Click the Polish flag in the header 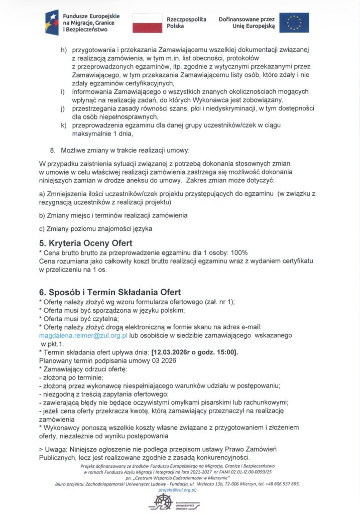pos(146,22)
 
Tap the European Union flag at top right pos(294,23)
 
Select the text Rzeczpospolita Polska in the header pos(186,22)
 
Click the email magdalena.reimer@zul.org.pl pos(84,334)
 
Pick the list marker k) pos(63,125)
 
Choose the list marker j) pos(63,108)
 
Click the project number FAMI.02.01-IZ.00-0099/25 pos(252,472)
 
